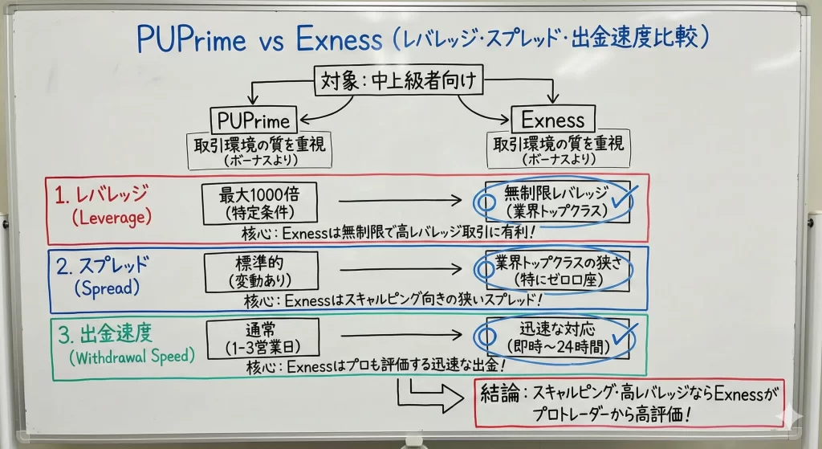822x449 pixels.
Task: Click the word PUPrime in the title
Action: (x=190, y=39)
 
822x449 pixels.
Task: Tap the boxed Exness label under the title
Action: (x=553, y=120)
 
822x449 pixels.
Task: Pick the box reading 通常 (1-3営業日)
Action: (x=259, y=338)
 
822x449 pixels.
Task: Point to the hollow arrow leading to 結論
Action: (x=429, y=395)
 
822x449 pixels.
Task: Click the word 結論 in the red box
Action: (x=498, y=394)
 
